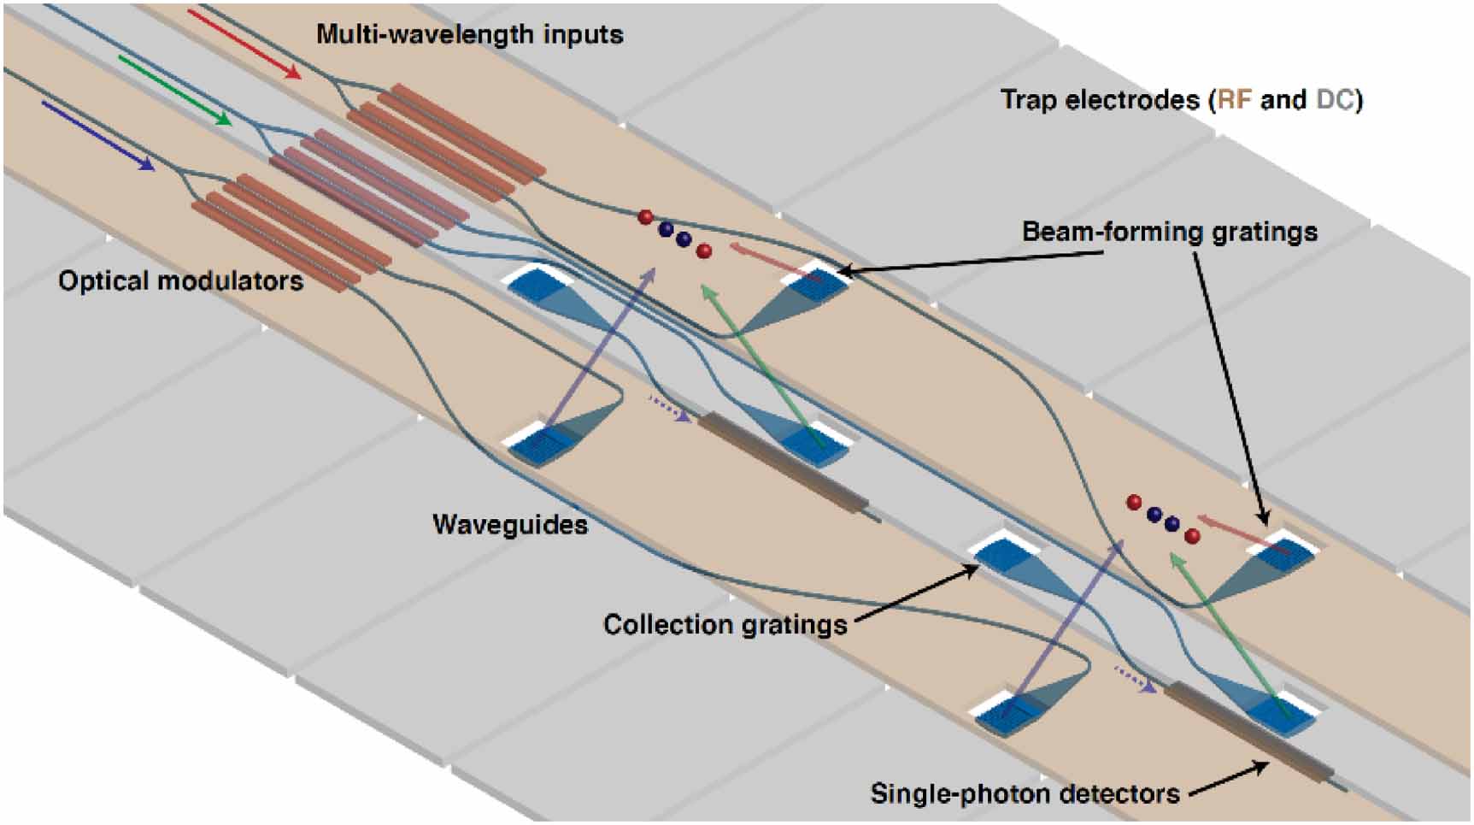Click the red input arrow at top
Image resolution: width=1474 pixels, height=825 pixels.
(244, 44)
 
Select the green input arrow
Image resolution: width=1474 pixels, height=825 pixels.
(174, 91)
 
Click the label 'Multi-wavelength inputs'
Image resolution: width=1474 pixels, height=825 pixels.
(469, 35)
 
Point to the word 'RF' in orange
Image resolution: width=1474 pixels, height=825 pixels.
(1233, 100)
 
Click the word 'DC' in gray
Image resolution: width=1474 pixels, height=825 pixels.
(1335, 100)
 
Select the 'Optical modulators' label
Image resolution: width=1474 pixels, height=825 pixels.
(180, 281)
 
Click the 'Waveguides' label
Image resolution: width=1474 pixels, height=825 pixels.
(510, 524)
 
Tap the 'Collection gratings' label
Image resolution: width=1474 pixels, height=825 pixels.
(725, 624)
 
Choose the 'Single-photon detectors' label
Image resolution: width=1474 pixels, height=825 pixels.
(1025, 793)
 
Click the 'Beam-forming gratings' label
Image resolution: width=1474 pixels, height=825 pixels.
(1170, 232)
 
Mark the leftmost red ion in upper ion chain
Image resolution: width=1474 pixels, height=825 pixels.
(646, 217)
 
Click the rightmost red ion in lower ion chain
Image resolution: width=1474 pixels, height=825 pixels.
(1192, 536)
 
